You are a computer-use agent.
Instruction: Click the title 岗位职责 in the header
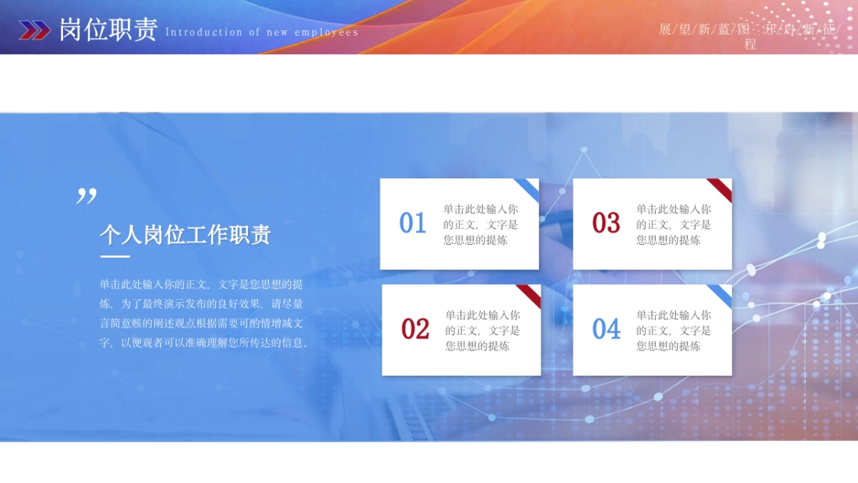coord(108,29)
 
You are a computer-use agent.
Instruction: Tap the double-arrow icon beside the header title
coord(34,30)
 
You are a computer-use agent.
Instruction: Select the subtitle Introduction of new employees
coord(262,32)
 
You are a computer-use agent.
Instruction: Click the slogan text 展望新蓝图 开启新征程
coord(749,36)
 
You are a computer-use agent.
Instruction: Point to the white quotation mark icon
coord(87,196)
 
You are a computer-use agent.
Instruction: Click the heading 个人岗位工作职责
coord(185,235)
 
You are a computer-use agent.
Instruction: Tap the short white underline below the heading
coord(115,256)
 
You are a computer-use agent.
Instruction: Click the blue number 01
coord(413,223)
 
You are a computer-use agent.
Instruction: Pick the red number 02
coord(415,329)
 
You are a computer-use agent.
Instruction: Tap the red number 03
coord(606,223)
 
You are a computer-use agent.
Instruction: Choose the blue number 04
coord(606,329)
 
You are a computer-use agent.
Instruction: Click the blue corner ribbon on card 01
coord(529,189)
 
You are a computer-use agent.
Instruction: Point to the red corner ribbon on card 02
coord(531,294)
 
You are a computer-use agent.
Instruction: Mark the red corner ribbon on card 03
coord(722,189)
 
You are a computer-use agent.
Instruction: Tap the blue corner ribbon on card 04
coord(722,294)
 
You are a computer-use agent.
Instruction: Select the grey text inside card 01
coord(480,225)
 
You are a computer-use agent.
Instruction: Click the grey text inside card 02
coord(483,331)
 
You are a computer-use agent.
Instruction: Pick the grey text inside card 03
coord(674,225)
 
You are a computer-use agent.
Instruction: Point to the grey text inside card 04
coord(674,331)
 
